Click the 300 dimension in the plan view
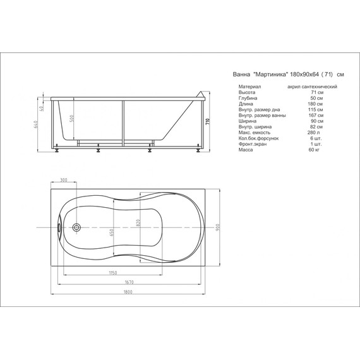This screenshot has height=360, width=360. [x=63, y=181]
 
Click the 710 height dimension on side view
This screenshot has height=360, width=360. [x=206, y=122]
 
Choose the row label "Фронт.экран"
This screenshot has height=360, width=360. [x=252, y=144]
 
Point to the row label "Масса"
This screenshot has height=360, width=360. [x=246, y=150]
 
